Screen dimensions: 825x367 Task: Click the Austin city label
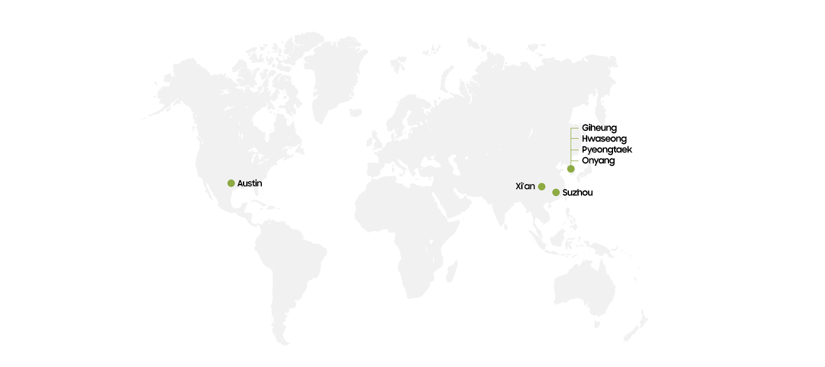[x=250, y=183]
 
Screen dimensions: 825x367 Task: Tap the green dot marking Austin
[x=231, y=183]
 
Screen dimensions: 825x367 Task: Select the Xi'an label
[x=525, y=186]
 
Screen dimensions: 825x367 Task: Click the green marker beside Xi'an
[x=541, y=186]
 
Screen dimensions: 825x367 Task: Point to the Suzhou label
[x=577, y=193]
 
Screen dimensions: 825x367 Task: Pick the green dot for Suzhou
[x=556, y=192]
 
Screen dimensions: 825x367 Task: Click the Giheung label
[x=599, y=128]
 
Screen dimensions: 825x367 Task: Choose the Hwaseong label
[x=604, y=139]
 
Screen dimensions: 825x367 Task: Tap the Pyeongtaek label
[x=607, y=150]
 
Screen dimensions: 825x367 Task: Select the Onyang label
[x=598, y=161]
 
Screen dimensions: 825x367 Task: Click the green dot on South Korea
[x=571, y=169]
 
